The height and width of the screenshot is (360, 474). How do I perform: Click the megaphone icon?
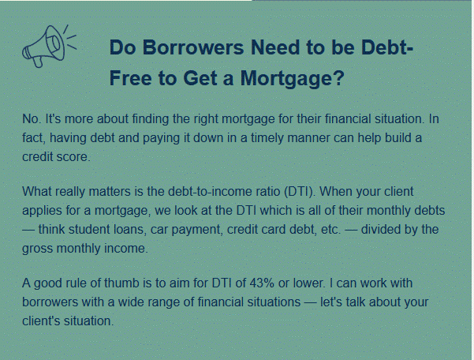48,46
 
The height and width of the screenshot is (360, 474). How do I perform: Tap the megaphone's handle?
38,62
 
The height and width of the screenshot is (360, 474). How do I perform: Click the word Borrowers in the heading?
193,47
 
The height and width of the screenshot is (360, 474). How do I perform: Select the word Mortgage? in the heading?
293,78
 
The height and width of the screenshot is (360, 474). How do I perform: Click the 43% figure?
262,283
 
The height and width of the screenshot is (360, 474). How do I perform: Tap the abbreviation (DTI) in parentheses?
300,192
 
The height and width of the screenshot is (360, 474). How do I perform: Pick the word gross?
38,249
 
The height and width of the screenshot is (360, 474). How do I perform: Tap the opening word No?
32,119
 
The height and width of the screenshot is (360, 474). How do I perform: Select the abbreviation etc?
330,230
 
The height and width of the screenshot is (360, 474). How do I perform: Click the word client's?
41,321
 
